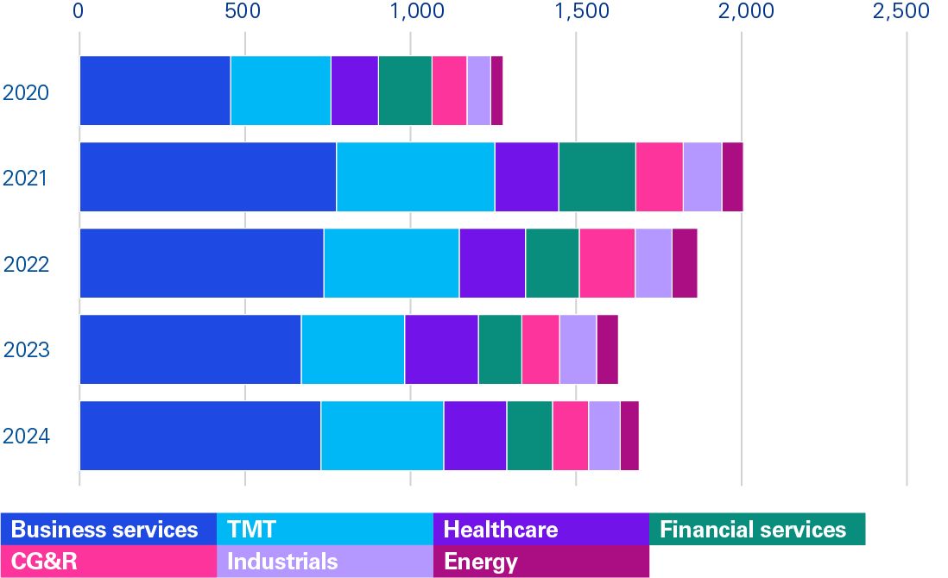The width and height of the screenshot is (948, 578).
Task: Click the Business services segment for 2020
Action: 155,91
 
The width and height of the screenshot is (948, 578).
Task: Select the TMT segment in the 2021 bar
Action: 415,177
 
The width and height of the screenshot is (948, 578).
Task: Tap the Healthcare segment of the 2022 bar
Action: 492,263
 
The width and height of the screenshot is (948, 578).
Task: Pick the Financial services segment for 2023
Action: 500,349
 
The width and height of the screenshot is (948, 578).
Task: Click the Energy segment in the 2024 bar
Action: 629,436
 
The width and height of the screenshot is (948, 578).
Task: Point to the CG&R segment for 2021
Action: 659,177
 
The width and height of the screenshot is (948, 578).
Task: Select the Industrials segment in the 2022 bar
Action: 654,263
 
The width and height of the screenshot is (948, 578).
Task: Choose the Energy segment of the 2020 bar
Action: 496,91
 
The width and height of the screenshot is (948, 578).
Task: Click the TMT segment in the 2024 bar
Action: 382,436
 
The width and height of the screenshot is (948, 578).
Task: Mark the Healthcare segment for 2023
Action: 441,349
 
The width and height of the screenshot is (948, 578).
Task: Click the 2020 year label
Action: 25,92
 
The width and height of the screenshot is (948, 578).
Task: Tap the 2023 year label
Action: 25,351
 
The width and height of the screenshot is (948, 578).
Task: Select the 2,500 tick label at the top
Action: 901,12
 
